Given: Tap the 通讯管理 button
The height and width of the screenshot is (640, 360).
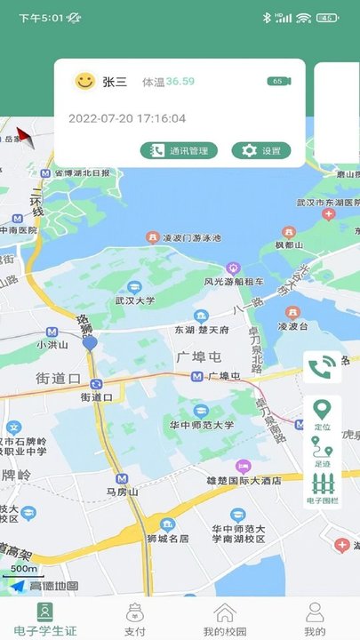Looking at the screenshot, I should point(179,151).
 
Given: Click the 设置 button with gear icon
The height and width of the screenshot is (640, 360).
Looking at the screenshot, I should point(261,151).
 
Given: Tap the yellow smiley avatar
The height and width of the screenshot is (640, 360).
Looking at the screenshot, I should point(84,82).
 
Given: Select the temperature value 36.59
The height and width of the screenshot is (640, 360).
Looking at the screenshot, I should point(180,82).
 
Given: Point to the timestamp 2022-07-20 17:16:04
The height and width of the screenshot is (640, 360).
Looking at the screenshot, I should point(127,118).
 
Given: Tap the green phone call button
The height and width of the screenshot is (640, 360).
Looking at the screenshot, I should point(322,367).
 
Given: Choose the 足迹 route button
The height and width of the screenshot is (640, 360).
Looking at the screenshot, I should point(322,456).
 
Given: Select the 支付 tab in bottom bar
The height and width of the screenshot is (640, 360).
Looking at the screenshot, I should point(135,619).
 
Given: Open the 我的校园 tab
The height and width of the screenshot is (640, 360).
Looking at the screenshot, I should point(225,619).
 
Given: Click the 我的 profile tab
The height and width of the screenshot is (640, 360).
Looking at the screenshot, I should point(315,619).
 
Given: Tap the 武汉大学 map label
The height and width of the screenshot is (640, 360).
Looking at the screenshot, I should point(134,300).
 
